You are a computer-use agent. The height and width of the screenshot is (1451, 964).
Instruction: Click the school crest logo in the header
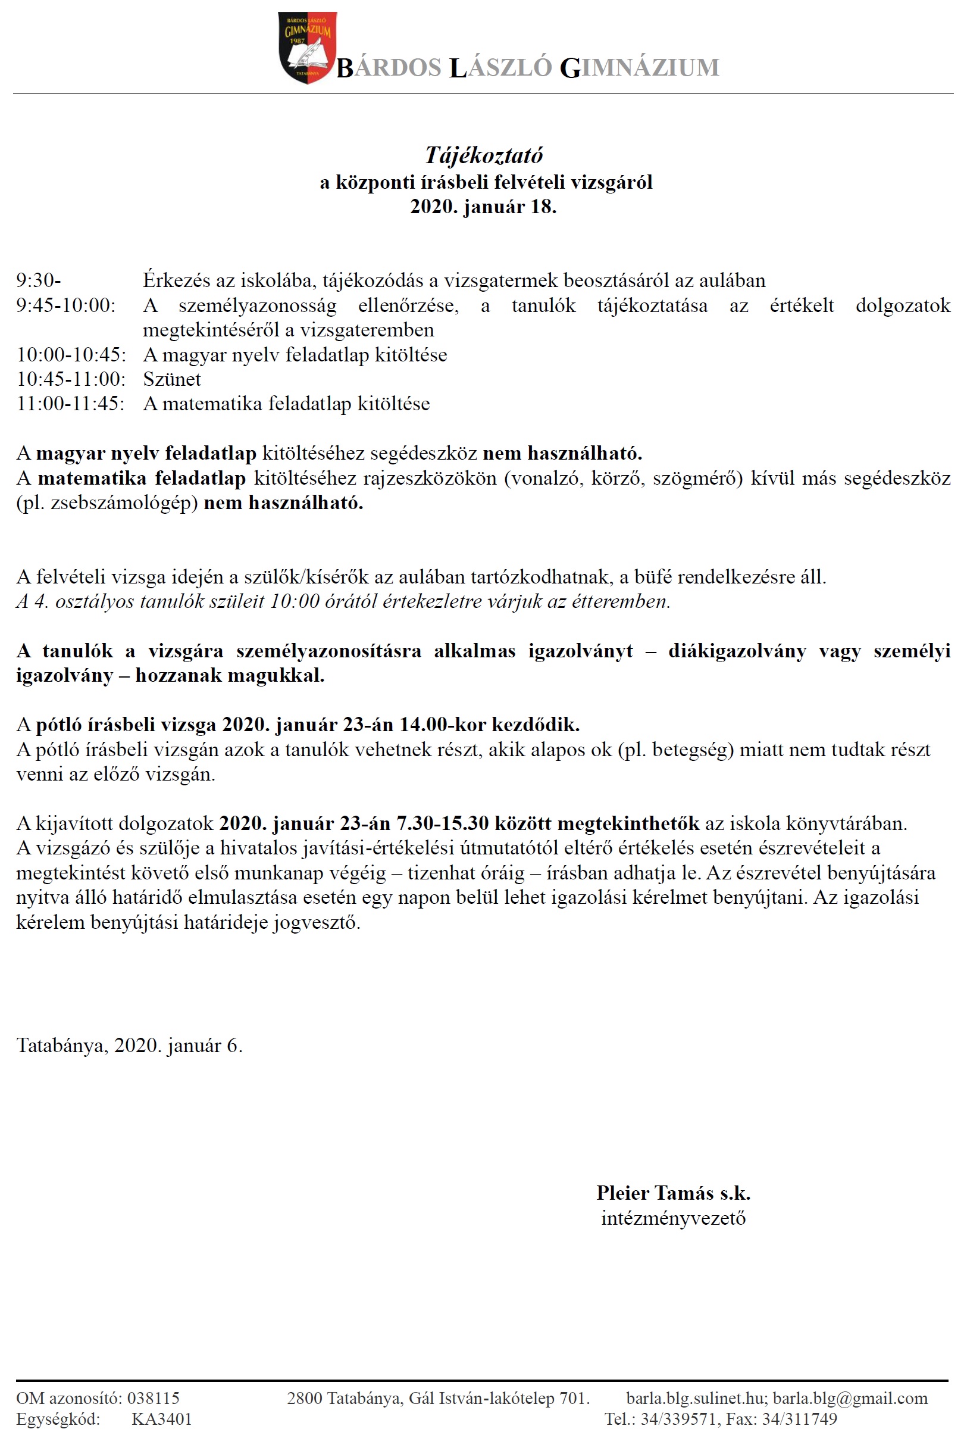click(307, 48)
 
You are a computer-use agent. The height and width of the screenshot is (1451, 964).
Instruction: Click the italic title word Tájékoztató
click(483, 155)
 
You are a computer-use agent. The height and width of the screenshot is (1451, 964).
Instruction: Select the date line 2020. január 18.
click(483, 207)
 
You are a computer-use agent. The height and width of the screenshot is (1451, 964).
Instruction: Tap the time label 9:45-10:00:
click(66, 305)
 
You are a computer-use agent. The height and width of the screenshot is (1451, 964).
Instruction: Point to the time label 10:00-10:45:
click(71, 355)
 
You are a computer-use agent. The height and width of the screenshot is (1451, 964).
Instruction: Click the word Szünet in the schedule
click(172, 379)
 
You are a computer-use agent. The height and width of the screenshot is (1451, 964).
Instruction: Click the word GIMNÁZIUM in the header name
click(639, 68)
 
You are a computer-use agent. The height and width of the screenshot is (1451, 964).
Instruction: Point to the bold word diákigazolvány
click(737, 651)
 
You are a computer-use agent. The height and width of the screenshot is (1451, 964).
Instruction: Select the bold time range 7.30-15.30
click(442, 823)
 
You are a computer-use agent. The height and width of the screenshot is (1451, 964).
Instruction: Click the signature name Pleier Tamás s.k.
click(673, 1193)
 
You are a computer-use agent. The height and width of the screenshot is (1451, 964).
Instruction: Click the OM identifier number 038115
click(153, 1398)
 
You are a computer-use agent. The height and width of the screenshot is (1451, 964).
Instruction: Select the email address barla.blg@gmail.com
click(850, 1398)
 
